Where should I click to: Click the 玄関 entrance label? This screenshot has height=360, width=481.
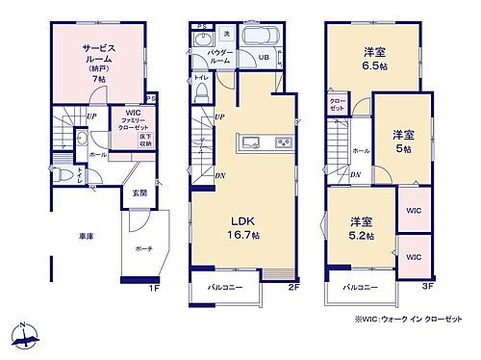(x=140, y=193)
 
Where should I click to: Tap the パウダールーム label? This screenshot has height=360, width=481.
(x=219, y=56)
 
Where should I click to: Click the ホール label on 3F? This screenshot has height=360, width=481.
(x=360, y=151)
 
